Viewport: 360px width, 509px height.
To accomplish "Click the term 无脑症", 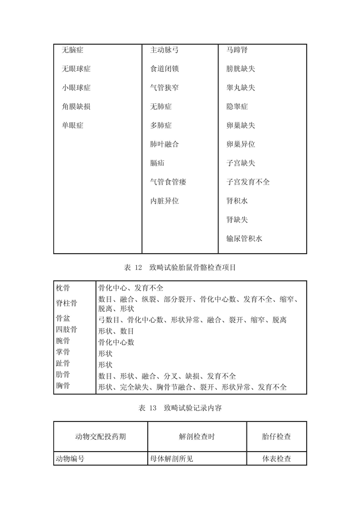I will pyautogui.click(x=72, y=50).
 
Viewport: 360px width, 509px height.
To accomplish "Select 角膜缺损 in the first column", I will pyautogui.click(x=76, y=107).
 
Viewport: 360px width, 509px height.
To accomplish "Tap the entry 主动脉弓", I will pyautogui.click(x=164, y=50).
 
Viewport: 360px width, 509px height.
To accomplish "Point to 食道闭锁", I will pyautogui.click(x=164, y=69).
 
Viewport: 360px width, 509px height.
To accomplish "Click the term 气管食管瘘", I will pyautogui.click(x=168, y=182).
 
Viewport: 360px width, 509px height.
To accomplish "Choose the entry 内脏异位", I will pyautogui.click(x=164, y=201).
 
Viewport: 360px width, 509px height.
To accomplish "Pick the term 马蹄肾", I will pyautogui.click(x=237, y=50).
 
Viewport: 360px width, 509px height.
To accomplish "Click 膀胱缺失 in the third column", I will pyautogui.click(x=241, y=69).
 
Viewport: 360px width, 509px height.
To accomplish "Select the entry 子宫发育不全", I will pyautogui.click(x=248, y=182).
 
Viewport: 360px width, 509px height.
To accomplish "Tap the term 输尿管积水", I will pyautogui.click(x=244, y=239).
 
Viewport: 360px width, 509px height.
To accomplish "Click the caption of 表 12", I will pyautogui.click(x=180, y=267).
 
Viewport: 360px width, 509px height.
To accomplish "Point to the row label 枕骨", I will pyautogui.click(x=63, y=288).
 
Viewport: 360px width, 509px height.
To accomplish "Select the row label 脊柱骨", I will pyautogui.click(x=66, y=303).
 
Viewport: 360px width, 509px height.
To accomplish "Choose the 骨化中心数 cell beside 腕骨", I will pyautogui.click(x=116, y=342).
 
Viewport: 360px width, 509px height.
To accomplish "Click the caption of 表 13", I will pyautogui.click(x=180, y=408).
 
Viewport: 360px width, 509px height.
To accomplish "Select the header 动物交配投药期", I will pyautogui.click(x=100, y=436).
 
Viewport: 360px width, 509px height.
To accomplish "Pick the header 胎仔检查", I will pyautogui.click(x=276, y=436).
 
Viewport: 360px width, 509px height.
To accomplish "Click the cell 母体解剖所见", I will pyautogui.click(x=171, y=459).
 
